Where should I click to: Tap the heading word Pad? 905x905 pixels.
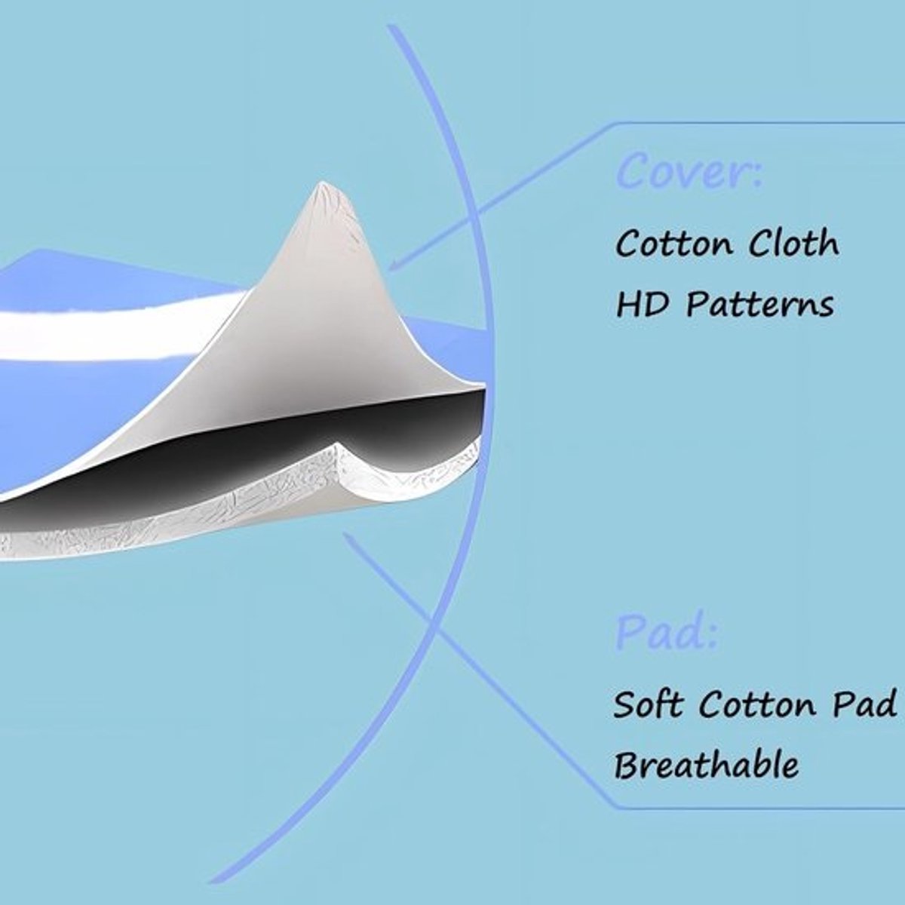tap(666, 633)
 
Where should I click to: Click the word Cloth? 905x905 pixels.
tap(793, 243)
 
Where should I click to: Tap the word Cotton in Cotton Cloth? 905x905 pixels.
tap(674, 244)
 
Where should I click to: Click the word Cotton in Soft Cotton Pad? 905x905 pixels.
tap(757, 704)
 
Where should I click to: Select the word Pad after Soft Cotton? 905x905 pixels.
tap(864, 704)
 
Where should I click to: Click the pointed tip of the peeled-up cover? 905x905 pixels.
tap(322, 183)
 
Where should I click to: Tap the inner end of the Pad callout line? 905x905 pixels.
tap(345, 535)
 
